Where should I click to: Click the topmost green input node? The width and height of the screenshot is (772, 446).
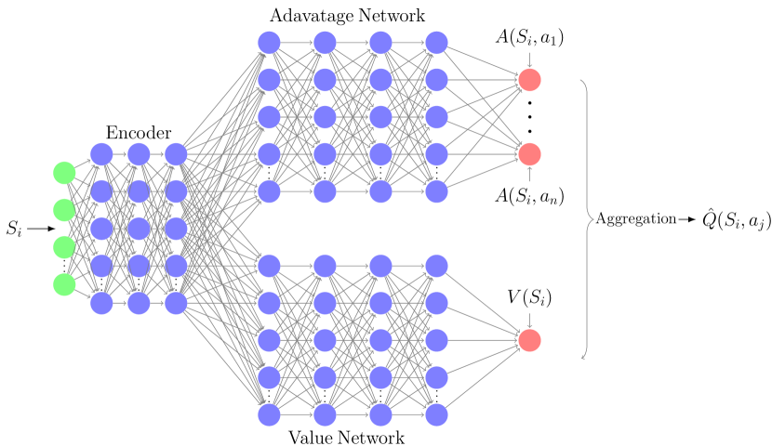64,173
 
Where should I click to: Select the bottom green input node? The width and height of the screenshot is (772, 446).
64,284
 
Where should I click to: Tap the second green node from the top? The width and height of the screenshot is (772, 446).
64,210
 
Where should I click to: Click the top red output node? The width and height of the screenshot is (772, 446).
529,80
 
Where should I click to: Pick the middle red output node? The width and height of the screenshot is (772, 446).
529,154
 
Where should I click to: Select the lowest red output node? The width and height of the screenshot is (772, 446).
529,340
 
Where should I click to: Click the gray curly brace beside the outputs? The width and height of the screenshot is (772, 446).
587,219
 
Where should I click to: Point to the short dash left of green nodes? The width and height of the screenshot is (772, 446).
37,229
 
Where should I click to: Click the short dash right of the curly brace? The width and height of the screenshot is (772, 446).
683,220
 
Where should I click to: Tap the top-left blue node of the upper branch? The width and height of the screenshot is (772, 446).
269,43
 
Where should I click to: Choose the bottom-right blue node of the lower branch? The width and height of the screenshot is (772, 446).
436,414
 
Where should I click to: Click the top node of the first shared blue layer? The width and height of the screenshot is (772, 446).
101,154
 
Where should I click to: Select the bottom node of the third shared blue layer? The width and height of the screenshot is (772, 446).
176,303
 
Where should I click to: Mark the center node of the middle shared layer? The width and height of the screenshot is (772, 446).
139,229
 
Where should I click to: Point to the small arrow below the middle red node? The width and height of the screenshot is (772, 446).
529,174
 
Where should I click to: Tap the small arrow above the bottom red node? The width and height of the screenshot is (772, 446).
529,321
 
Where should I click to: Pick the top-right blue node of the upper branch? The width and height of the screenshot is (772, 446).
436,43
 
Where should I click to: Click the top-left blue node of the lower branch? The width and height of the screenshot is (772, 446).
269,266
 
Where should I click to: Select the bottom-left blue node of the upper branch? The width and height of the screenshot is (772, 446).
269,191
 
